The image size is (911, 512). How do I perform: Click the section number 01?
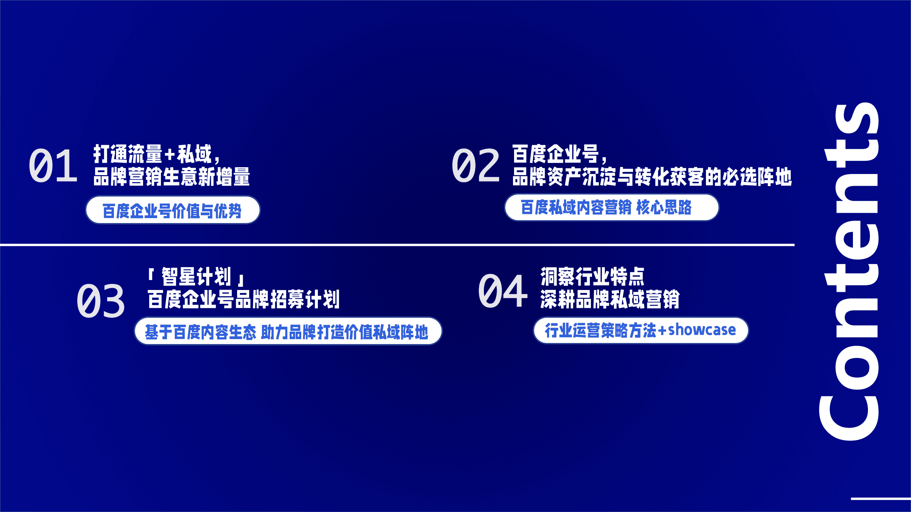[x=53, y=166]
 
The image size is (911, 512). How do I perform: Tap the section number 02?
[x=476, y=166]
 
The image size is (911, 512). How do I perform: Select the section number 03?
[x=101, y=301]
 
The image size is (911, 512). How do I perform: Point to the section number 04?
[x=502, y=291]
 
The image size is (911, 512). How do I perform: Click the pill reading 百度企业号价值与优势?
[x=173, y=210]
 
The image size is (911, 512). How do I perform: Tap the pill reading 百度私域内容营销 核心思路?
[x=611, y=207]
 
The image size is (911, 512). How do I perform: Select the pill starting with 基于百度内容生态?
[x=288, y=331]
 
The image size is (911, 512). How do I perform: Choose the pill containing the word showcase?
[x=640, y=330]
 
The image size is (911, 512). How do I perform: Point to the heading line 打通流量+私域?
[x=157, y=154]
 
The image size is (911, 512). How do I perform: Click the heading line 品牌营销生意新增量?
[x=172, y=176]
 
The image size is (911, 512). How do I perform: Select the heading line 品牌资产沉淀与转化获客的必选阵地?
[x=652, y=176]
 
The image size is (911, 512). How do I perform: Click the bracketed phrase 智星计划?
[x=196, y=277]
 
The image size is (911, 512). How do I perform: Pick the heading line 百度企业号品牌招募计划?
[x=244, y=299]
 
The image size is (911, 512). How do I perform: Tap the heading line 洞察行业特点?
[x=592, y=277]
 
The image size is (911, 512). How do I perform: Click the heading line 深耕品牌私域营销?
[x=610, y=299]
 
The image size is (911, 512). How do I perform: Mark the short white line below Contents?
[x=880, y=499]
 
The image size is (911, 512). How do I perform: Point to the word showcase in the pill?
[x=702, y=330]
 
